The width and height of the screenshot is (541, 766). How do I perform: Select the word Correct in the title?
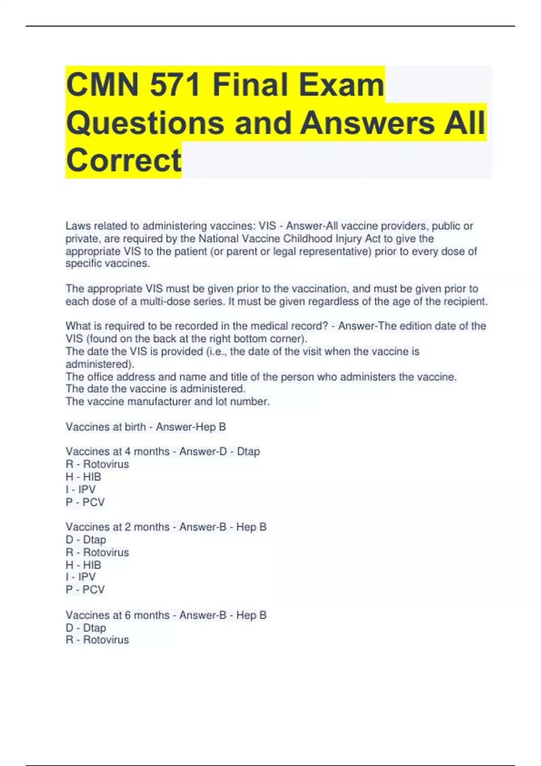click(x=124, y=160)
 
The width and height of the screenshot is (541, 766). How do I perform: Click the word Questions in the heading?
click(x=145, y=123)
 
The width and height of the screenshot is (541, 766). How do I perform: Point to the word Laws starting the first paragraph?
click(x=78, y=226)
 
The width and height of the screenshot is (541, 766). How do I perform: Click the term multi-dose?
click(x=165, y=301)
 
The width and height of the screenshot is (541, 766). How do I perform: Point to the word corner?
click(x=287, y=338)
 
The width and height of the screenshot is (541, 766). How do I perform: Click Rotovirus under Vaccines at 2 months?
click(x=106, y=552)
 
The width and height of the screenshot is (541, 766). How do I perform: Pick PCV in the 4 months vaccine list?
click(x=93, y=502)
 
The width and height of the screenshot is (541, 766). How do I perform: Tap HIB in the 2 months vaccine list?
click(x=92, y=565)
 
